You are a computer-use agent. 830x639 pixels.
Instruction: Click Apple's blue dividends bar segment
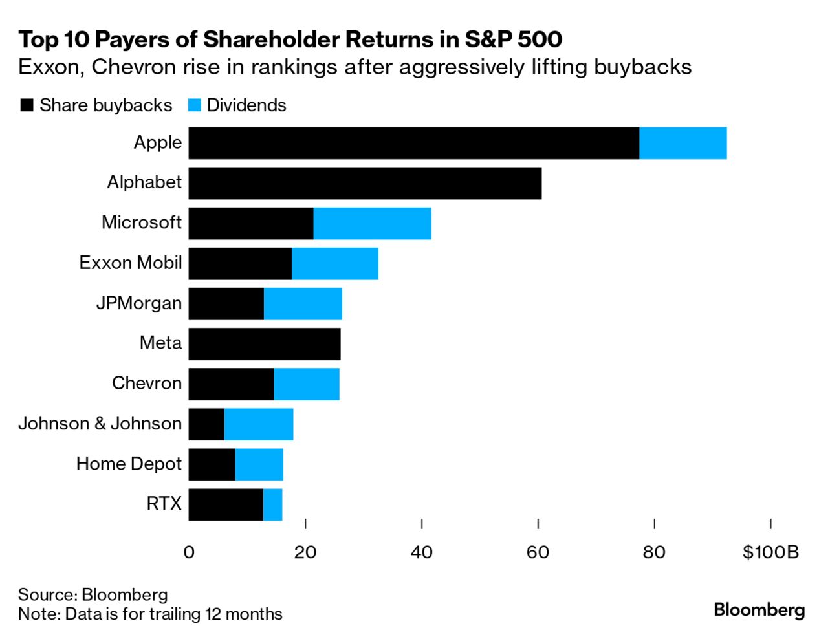[683, 143]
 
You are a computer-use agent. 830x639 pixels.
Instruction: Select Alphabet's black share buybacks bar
[365, 183]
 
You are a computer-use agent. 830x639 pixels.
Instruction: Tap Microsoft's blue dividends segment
[372, 224]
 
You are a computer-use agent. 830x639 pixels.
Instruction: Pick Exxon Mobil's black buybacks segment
[240, 264]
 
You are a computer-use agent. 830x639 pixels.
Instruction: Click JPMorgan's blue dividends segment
[303, 304]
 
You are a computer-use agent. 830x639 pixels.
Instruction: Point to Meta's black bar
[265, 344]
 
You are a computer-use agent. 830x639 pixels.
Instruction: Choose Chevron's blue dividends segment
[307, 384]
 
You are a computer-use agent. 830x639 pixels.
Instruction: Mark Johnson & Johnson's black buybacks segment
[206, 424]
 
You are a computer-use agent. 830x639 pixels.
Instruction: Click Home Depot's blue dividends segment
[259, 464]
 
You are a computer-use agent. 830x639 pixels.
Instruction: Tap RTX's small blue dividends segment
[272, 504]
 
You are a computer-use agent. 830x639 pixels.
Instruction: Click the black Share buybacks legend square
[27, 105]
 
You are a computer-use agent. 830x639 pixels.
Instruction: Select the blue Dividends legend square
[194, 105]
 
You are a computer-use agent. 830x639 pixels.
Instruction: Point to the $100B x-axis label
[770, 552]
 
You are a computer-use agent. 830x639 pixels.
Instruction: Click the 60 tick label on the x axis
[538, 552]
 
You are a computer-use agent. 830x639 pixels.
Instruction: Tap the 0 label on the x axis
[189, 552]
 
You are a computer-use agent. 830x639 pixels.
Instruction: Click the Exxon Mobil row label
[131, 263]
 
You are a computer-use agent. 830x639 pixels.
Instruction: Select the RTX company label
[164, 503]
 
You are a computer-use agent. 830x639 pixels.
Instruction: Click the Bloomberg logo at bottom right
[759, 609]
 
